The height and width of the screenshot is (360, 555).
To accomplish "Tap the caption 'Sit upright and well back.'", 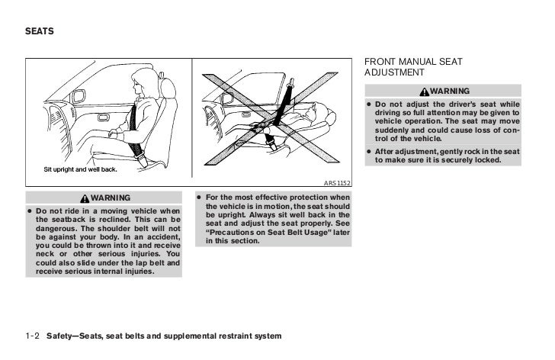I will [x=78, y=169].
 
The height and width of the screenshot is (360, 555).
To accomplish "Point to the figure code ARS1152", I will [x=340, y=182].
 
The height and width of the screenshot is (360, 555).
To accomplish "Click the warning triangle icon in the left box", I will [x=83, y=197].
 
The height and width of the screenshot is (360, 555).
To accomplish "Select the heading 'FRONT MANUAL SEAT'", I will [x=413, y=61].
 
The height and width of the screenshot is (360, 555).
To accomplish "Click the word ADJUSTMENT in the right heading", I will [x=395, y=72].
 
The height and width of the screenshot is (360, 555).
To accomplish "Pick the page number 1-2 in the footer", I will [x=32, y=336].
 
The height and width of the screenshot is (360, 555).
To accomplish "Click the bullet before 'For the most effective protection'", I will [x=199, y=197].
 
